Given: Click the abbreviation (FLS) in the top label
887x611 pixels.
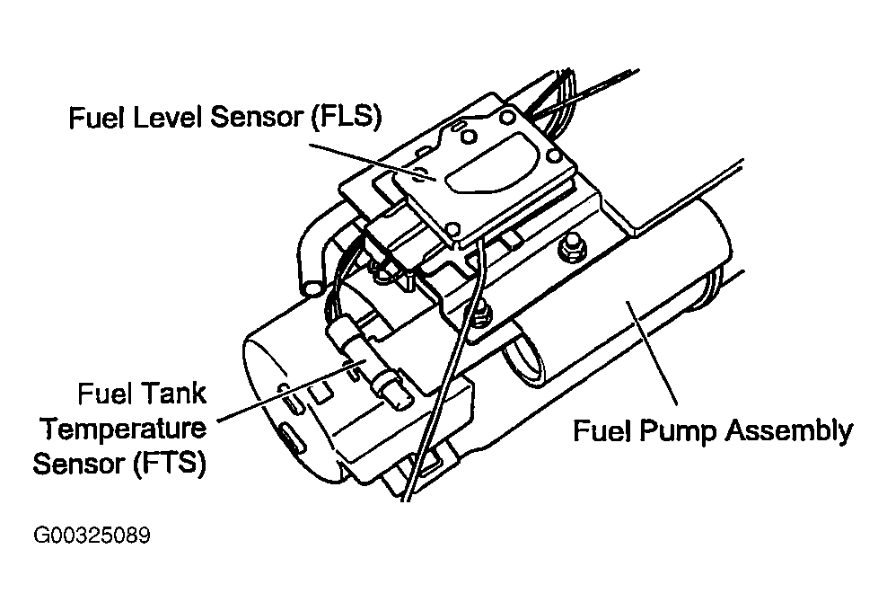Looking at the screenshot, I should (x=344, y=119).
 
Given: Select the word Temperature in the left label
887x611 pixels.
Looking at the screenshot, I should (x=125, y=429).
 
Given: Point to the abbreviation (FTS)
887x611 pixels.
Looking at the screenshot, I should (x=170, y=465).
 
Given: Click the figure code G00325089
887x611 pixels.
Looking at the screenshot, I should (x=92, y=536).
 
